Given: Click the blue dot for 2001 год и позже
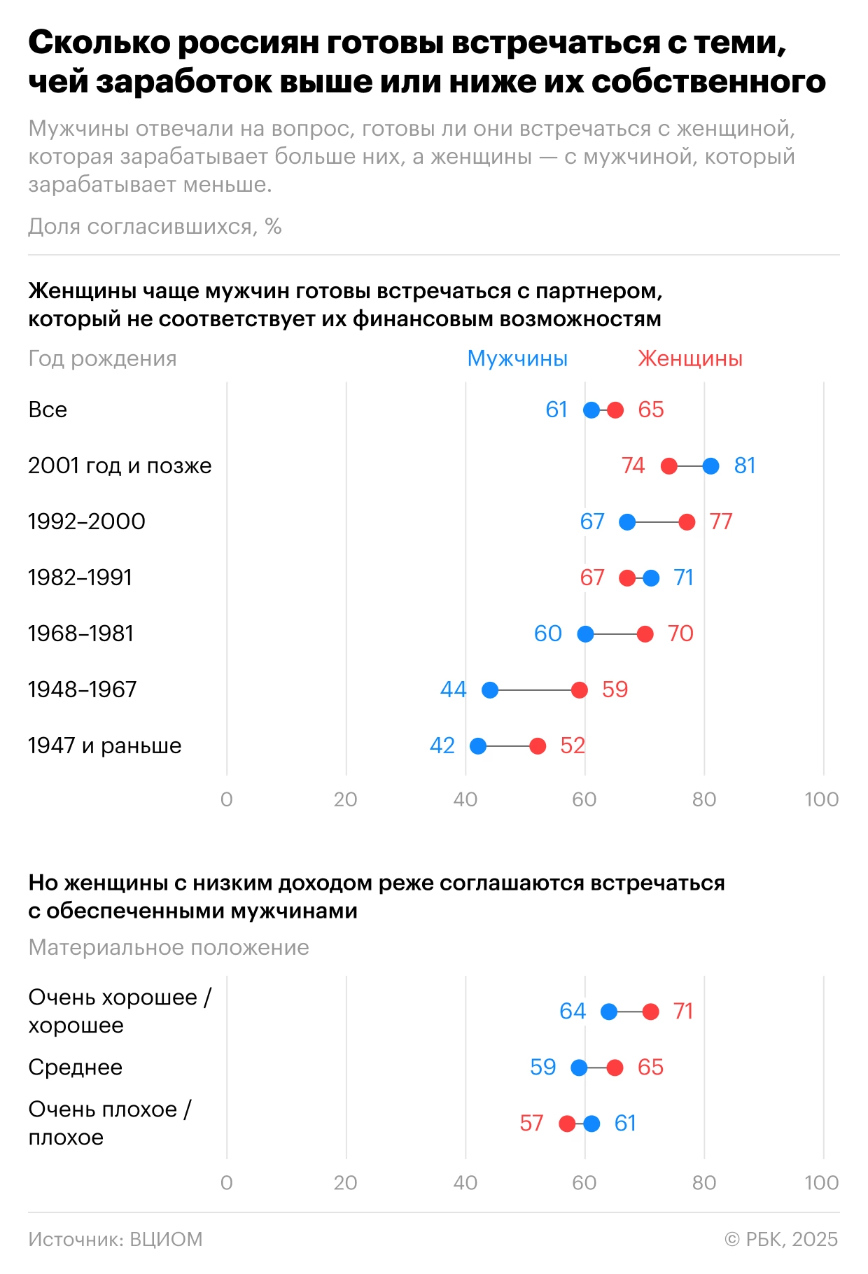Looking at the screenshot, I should coord(710,466).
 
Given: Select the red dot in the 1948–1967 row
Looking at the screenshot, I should coord(580,690).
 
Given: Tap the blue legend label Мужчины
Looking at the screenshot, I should coord(517,358).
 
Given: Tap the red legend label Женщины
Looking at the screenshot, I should coord(689,358).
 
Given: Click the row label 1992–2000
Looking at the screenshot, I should coord(87,521).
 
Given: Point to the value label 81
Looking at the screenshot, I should coord(745,466).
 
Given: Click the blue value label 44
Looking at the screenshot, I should coord(453,690).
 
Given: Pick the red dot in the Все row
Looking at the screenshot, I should coord(615,410).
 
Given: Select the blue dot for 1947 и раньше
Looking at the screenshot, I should coord(478,746).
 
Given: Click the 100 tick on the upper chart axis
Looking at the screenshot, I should coord(822,799).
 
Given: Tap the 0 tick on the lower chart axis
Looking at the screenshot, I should coord(227,1183).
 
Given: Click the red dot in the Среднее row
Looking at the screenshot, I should coord(615,1067).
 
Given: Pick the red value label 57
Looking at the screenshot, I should coord(531,1123).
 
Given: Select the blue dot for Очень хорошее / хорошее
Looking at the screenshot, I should coord(609,1011).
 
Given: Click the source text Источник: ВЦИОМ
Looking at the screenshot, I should coord(115,1240).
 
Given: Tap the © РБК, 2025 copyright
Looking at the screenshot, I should coord(781,1240).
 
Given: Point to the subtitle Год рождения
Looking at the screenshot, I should coord(102,358).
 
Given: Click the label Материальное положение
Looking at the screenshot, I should coord(169,948).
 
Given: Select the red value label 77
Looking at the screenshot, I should coord(721,522).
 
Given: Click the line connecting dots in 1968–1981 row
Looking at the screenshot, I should coord(615,634).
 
